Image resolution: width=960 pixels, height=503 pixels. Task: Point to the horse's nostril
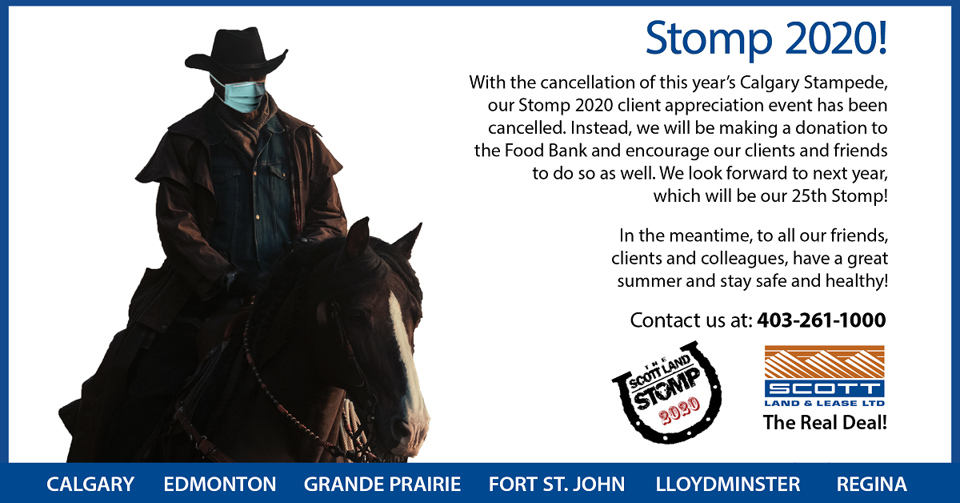pos(402,427)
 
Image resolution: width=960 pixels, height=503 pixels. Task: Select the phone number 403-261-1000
pos(821,320)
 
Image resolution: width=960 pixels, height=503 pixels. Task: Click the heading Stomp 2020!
pos(766,39)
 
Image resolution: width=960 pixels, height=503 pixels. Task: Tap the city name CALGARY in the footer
pos(90,484)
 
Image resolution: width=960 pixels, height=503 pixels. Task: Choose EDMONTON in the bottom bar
pos(220,484)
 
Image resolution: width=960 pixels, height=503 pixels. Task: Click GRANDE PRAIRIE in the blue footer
pos(382,484)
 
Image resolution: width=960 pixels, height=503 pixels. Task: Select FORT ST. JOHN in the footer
pos(557,484)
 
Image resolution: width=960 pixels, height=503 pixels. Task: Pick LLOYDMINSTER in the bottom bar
pos(728,484)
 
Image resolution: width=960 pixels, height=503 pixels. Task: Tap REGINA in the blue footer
pos(872,484)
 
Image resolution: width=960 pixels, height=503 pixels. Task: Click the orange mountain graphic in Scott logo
pos(825,362)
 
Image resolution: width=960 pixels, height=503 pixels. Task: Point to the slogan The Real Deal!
pos(825,423)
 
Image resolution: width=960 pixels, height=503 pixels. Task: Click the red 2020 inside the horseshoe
pos(679,410)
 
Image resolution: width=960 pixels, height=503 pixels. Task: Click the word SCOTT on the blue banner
pos(825,389)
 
